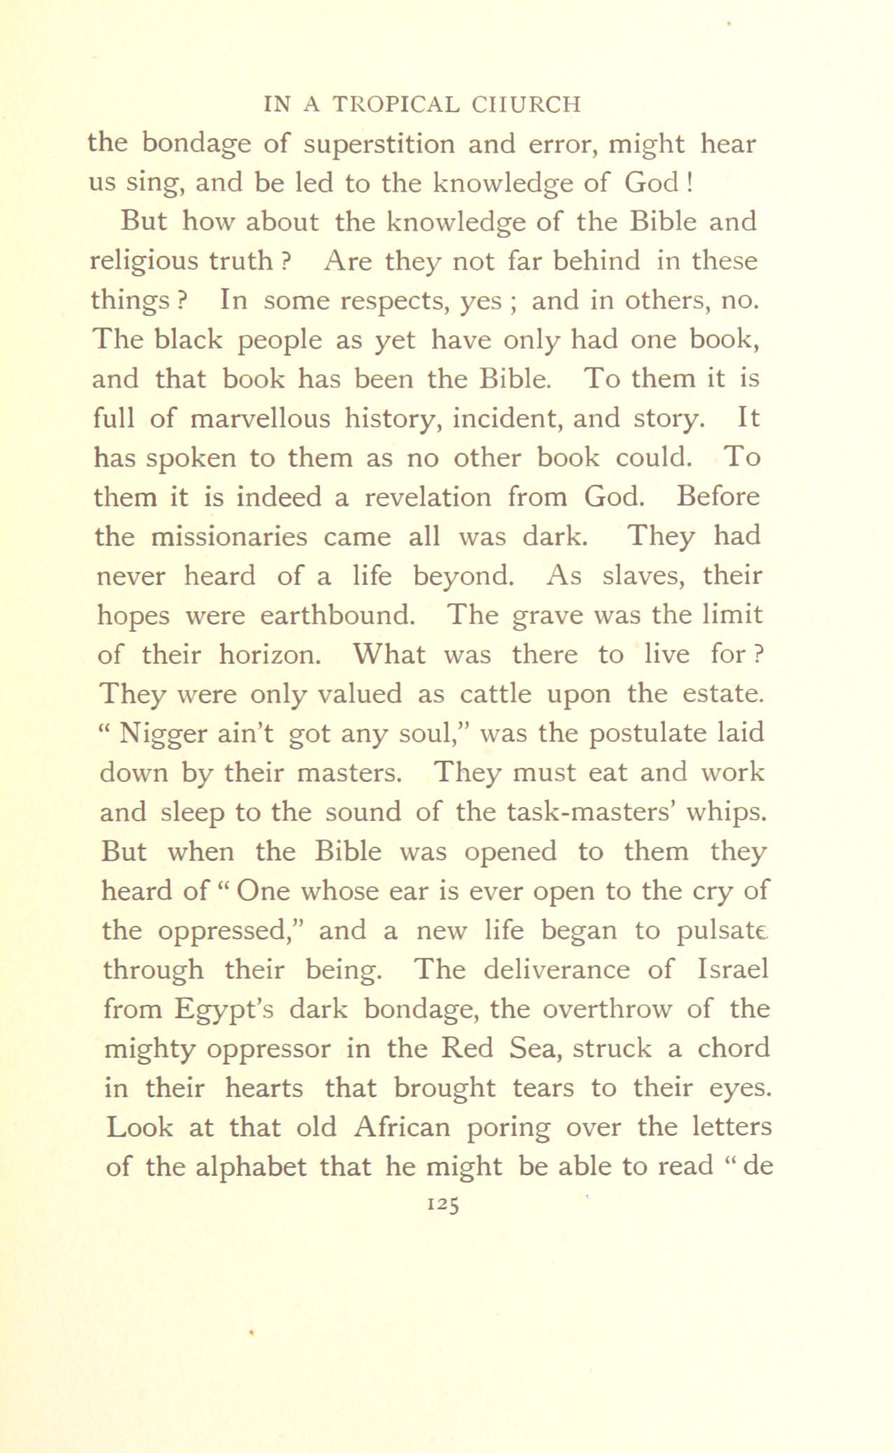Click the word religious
144,262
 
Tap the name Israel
733,969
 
